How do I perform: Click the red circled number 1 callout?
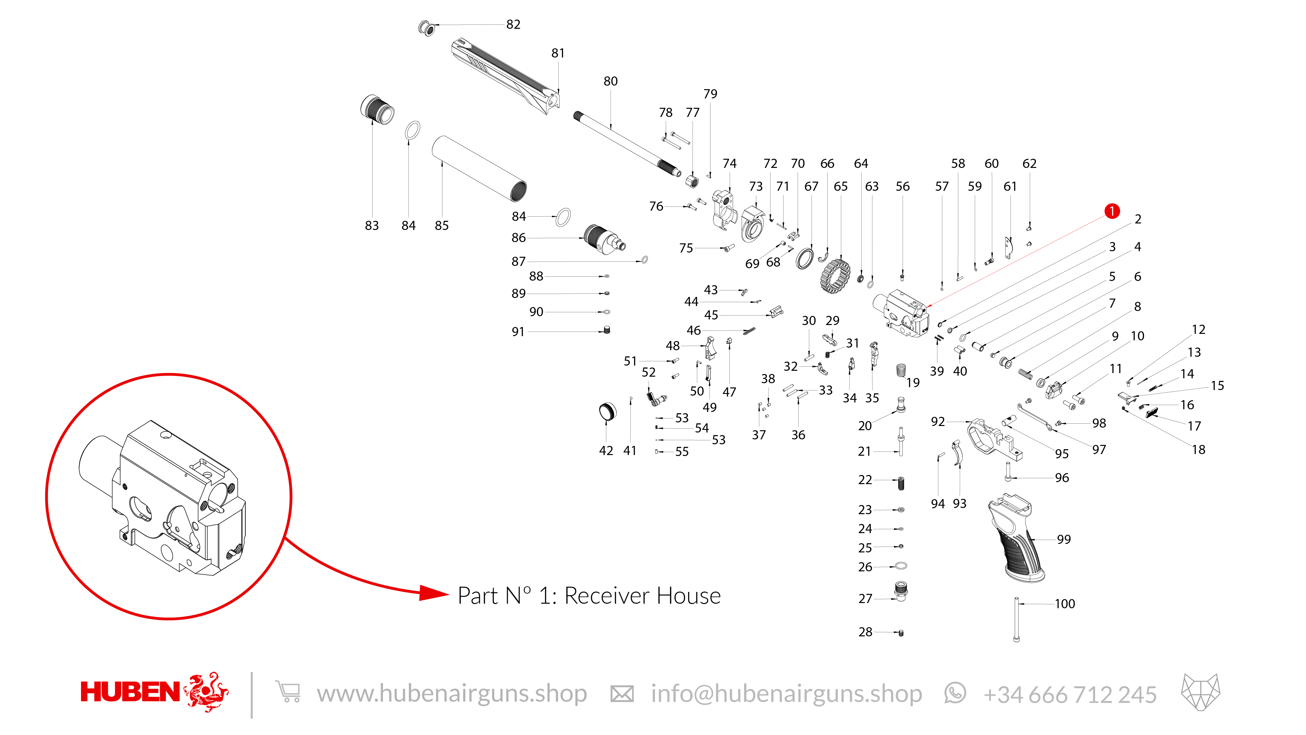[x=1111, y=211]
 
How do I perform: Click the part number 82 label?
[x=513, y=24]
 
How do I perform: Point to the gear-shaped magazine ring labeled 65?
[x=835, y=276]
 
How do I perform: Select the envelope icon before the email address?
[x=622, y=694]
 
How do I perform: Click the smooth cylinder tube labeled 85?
[x=479, y=169]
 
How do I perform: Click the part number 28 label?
[x=865, y=632]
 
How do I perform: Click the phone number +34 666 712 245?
[x=1070, y=694]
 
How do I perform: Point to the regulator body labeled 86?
[x=603, y=240]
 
